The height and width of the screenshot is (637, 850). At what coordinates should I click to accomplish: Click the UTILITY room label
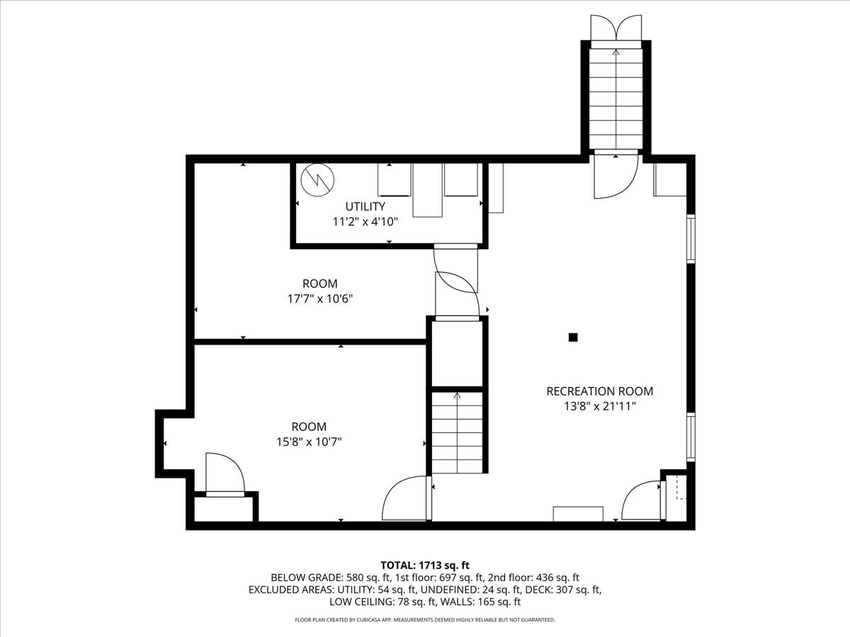pyautogui.click(x=365, y=207)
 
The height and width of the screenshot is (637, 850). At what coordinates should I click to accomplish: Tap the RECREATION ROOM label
pyautogui.click(x=599, y=391)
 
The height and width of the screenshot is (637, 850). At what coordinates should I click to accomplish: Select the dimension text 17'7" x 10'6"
pyautogui.click(x=319, y=299)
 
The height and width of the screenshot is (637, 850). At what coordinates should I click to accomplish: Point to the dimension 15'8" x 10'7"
pyautogui.click(x=309, y=442)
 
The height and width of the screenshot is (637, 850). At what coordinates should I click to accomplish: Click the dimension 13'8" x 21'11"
pyautogui.click(x=599, y=406)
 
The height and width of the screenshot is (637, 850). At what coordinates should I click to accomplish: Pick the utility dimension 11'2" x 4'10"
pyautogui.click(x=365, y=222)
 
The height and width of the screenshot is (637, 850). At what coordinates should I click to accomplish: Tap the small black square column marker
pyautogui.click(x=573, y=338)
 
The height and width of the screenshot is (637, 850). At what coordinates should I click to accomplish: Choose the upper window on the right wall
pyautogui.click(x=691, y=239)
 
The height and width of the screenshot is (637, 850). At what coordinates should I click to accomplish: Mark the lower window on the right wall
pyautogui.click(x=691, y=437)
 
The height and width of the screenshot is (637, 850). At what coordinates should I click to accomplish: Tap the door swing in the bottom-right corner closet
pyautogui.click(x=642, y=501)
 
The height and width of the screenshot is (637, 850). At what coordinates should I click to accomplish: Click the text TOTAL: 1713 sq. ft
pyautogui.click(x=425, y=565)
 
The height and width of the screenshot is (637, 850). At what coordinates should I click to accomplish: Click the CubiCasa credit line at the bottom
pyautogui.click(x=425, y=620)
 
